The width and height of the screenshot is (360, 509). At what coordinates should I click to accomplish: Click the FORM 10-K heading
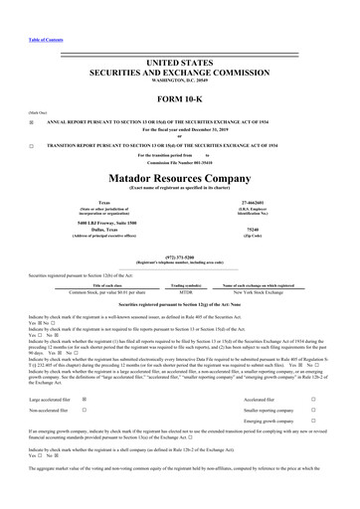coord(179,101)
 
